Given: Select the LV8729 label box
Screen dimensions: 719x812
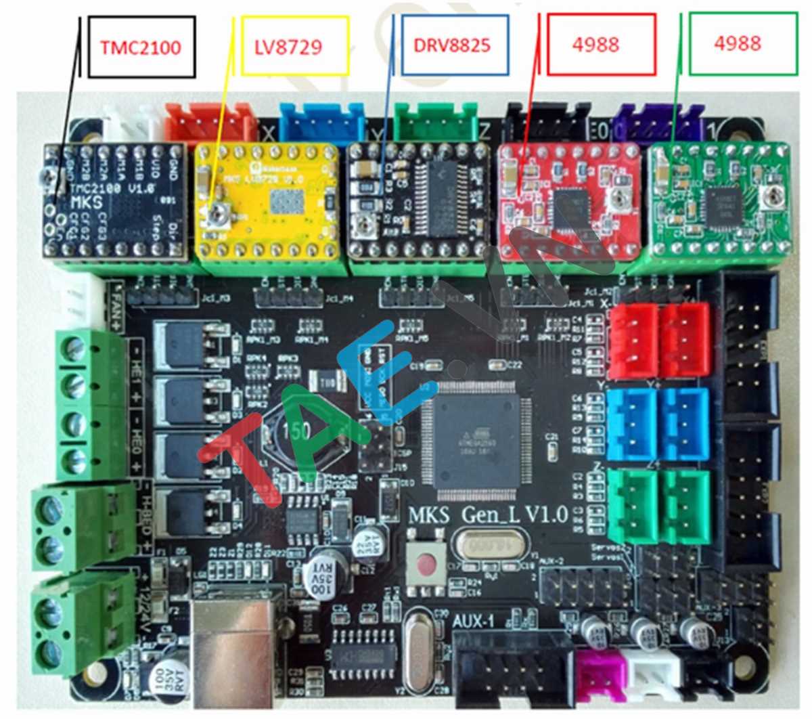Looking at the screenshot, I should coord(294,46).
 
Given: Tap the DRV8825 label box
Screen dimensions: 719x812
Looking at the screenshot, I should coord(454,46).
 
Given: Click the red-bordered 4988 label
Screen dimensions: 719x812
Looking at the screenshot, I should coord(602,44).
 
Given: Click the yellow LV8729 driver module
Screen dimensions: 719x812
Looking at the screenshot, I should coord(267,201).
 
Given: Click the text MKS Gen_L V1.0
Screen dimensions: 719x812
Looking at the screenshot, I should coord(487,515).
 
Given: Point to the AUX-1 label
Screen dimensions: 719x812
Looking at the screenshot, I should coord(474,620).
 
